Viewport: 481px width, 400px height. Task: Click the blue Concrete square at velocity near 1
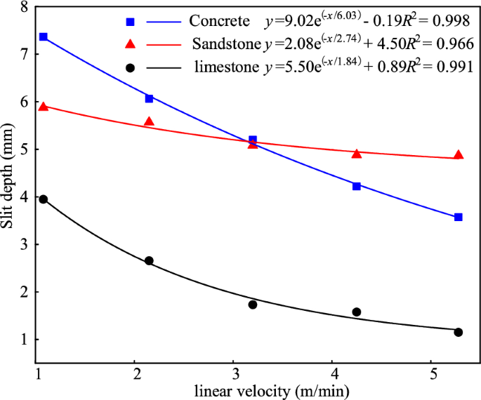tap(43, 36)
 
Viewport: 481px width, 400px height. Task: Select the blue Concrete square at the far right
tap(459, 217)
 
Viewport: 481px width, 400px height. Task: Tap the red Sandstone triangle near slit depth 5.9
tap(43, 106)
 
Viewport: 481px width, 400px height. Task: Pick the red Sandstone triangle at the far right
tap(459, 154)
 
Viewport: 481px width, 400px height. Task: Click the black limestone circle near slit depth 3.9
tap(43, 199)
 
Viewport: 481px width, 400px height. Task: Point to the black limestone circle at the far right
tap(459, 332)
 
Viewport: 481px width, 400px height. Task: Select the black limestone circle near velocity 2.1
tap(149, 261)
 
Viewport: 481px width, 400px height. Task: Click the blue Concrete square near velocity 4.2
tap(357, 186)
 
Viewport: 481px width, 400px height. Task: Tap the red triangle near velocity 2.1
tap(149, 121)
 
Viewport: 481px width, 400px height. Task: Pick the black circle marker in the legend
tap(130, 67)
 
